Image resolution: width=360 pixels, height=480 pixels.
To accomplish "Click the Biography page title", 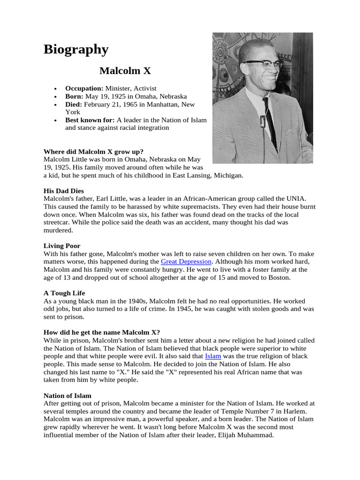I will pos(76,49).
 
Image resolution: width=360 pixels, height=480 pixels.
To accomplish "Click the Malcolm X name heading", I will pos(125,71).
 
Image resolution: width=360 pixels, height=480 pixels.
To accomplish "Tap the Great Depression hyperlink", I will pos(186,261).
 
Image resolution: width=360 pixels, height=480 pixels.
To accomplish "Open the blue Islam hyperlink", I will pos(213,356).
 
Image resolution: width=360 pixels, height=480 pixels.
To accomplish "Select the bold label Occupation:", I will pos(84,88).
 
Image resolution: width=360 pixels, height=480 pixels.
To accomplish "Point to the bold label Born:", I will pos(74,96).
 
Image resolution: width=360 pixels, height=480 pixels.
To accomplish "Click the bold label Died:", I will pos(74,104).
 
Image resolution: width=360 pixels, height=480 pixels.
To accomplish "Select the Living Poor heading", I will pos(62,246).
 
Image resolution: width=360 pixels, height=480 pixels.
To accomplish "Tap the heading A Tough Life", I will pos(64,293).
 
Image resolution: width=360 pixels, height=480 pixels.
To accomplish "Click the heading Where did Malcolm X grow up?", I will pos(93,151).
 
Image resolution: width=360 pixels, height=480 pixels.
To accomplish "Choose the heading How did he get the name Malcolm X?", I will pos(102,332).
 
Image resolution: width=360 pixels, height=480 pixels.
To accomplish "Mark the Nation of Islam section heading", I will pos(67,396).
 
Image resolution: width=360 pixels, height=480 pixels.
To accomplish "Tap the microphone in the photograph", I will pos(263,122).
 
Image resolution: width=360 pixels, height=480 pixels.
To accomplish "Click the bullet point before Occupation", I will pos(55,89).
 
